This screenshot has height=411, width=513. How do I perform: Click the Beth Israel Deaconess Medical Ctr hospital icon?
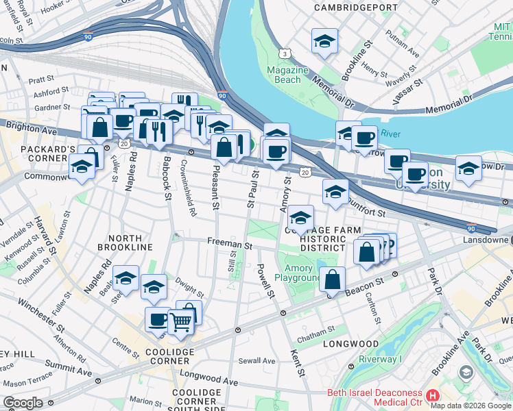pyautogui.click(x=432, y=396)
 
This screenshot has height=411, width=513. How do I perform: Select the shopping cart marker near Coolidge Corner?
pyautogui.click(x=180, y=320)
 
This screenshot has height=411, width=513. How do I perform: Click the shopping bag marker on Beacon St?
pyautogui.click(x=332, y=280)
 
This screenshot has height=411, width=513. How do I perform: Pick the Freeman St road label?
pyautogui.click(x=230, y=244)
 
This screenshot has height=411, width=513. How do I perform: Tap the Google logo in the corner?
pyautogui.click(x=23, y=403)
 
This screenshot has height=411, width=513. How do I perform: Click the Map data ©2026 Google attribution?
pyautogui.click(x=470, y=406)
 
